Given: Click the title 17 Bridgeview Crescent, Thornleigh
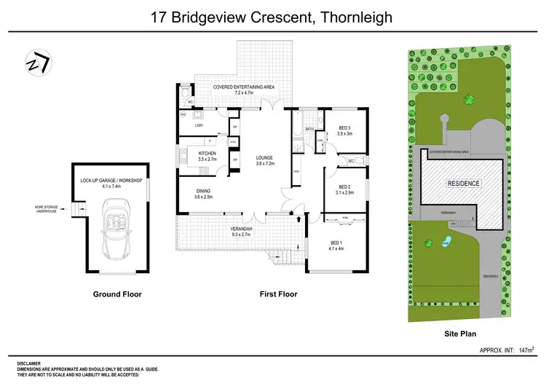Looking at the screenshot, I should point(272,16).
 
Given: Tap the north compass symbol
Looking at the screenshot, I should point(36,63).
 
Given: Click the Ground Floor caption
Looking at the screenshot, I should point(116,294).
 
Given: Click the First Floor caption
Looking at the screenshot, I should point(278,294).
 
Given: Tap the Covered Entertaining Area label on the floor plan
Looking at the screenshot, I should point(243,90).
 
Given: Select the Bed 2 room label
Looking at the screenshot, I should point(344,189).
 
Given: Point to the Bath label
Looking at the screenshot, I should point(309,129).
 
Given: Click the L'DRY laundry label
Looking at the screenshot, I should point(198,126).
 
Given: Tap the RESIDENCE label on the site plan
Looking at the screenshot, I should point(463,184).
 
